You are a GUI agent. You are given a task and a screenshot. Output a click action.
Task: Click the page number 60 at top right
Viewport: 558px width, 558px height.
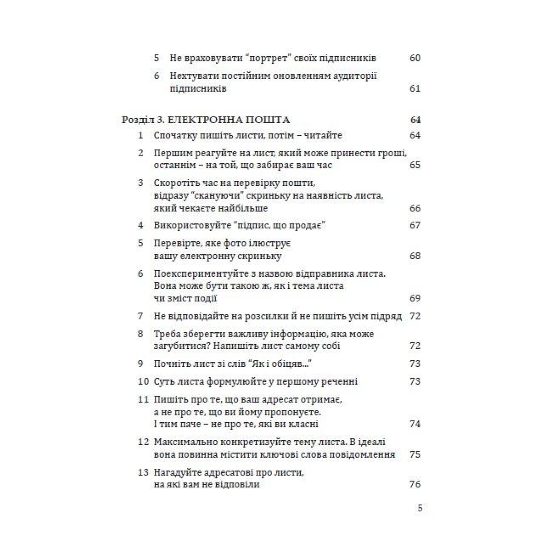point(415,58)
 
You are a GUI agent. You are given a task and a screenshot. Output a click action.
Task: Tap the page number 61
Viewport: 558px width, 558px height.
point(415,88)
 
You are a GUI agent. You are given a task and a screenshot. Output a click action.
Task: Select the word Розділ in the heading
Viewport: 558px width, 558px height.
point(136,120)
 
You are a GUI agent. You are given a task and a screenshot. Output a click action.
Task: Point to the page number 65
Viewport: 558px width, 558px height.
point(415,165)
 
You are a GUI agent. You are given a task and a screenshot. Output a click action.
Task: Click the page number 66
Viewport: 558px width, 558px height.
point(415,208)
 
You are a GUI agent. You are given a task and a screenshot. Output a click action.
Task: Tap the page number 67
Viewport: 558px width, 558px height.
point(415,226)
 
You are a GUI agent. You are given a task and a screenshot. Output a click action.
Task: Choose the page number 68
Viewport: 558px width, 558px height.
point(415,256)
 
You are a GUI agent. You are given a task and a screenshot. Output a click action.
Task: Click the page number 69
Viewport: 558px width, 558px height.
point(415,299)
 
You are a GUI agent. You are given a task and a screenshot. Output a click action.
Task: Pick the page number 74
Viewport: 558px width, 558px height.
point(415,424)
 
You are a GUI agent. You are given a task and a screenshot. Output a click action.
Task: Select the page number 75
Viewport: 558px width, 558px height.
point(415,454)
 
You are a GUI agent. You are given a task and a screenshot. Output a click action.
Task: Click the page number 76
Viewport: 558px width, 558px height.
point(415,485)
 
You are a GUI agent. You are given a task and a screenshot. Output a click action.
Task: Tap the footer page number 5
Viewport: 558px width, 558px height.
point(420,508)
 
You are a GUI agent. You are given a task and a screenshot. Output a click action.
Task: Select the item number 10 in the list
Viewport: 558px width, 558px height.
point(143,382)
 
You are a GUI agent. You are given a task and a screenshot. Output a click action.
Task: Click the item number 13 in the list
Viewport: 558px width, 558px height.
point(143,472)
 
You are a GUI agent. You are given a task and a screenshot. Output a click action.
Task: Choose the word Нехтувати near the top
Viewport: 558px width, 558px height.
point(192,76)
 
